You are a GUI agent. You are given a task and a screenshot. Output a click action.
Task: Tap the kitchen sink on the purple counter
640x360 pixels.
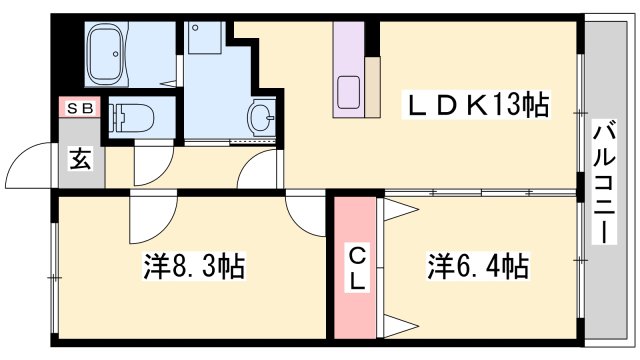(350, 93)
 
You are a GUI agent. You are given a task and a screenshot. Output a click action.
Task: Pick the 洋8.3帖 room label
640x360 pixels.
(195, 268)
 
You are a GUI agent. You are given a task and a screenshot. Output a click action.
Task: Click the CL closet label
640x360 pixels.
(356, 267)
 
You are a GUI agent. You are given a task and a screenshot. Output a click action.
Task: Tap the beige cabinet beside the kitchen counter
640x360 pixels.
(372, 87)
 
